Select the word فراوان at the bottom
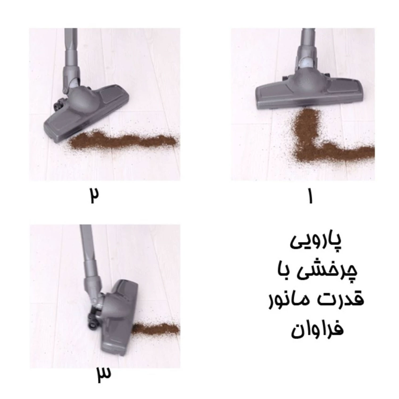coord(317,329)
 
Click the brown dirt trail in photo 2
coord(122,140)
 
